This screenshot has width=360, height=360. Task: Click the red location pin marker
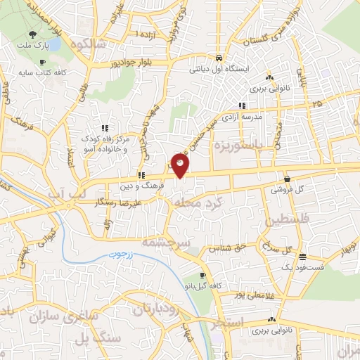coord(180,164)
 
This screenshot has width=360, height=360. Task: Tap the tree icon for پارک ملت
coord(32,35)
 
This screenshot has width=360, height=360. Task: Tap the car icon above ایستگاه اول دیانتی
coord(219,58)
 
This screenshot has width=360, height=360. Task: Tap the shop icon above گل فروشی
coord(288,179)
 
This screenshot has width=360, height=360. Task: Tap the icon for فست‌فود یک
coord(302,256)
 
